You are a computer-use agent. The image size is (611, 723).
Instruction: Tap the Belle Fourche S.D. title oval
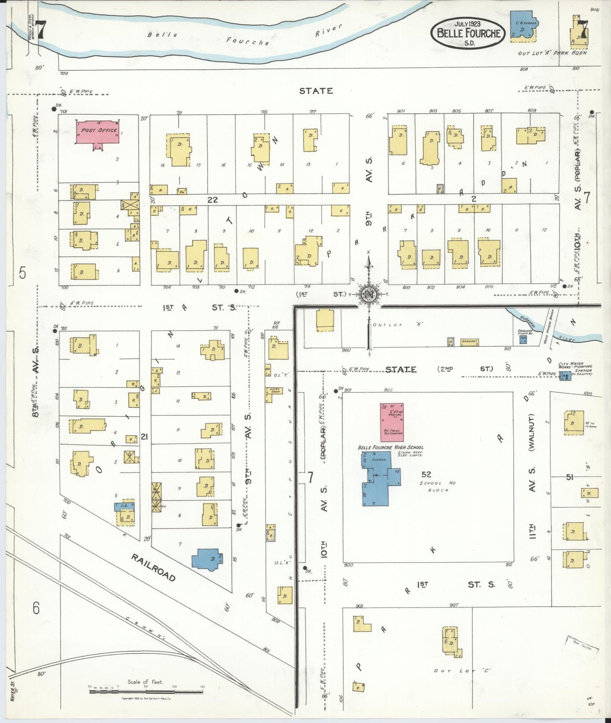(468, 33)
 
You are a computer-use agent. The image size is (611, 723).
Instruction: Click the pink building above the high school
(392, 422)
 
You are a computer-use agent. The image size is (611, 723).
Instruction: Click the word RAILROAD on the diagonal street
(153, 567)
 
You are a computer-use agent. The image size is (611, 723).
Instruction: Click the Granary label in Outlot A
(469, 341)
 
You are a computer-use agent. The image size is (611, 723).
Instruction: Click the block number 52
(426, 474)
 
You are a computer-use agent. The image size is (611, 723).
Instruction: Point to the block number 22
(212, 200)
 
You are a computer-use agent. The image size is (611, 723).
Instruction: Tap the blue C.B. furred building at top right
(523, 27)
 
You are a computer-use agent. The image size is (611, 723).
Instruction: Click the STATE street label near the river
(316, 91)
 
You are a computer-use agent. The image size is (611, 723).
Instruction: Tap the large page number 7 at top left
(40, 30)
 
